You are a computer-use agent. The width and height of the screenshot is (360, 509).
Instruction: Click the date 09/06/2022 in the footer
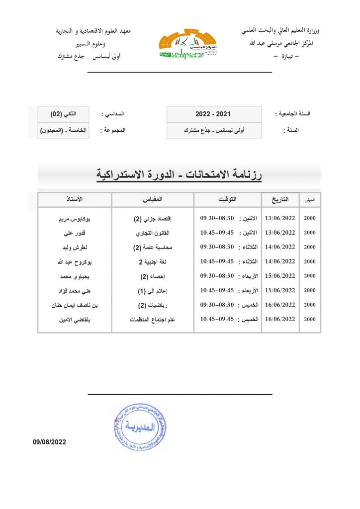50,441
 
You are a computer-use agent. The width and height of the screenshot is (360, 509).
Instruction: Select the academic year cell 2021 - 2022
214,114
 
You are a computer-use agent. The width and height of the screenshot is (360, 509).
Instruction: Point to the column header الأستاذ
75,199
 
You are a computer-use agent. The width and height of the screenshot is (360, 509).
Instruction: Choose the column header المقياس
153,199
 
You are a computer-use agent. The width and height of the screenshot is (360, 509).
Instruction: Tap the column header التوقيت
228,199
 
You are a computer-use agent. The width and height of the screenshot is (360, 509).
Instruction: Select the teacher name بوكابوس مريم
75,218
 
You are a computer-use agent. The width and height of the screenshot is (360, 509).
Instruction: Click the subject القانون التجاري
153,233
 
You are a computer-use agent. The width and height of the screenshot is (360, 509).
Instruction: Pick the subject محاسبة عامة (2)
153,247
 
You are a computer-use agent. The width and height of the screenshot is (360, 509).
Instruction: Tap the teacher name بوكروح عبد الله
75,261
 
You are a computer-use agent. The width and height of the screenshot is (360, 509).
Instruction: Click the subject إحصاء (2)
153,276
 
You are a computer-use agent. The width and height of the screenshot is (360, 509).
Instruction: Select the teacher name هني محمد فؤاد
75,290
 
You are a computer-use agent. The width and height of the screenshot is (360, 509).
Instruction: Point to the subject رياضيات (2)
153,305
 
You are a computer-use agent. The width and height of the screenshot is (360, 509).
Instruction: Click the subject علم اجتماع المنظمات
153,319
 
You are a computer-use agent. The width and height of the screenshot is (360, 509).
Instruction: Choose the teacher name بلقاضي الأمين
75,319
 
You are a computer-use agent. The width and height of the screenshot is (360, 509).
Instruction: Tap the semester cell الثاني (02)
63,114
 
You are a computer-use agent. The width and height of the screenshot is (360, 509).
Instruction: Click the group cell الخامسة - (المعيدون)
63,130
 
